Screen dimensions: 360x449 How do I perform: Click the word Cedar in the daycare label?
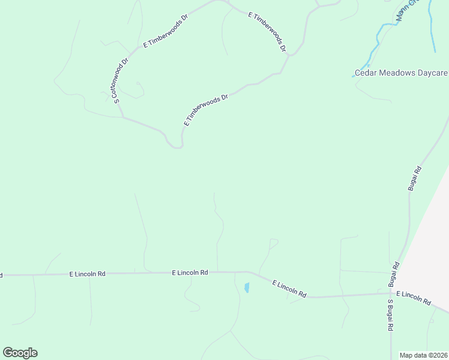(365, 73)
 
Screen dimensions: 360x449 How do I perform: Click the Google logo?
(20, 353)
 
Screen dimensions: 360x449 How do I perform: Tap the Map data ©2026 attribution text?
(423, 355)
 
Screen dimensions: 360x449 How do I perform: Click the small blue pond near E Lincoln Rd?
(247, 287)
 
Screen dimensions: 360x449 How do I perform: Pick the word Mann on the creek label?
(402, 14)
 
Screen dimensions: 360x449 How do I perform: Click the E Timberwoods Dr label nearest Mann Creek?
(267, 31)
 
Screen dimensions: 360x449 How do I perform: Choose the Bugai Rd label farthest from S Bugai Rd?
(415, 179)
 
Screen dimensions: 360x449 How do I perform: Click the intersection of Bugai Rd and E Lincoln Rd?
(391, 293)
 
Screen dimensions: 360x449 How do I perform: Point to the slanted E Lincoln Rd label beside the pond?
(289, 289)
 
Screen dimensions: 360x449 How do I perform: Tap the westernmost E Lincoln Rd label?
(88, 274)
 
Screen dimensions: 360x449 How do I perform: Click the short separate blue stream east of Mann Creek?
(432, 27)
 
